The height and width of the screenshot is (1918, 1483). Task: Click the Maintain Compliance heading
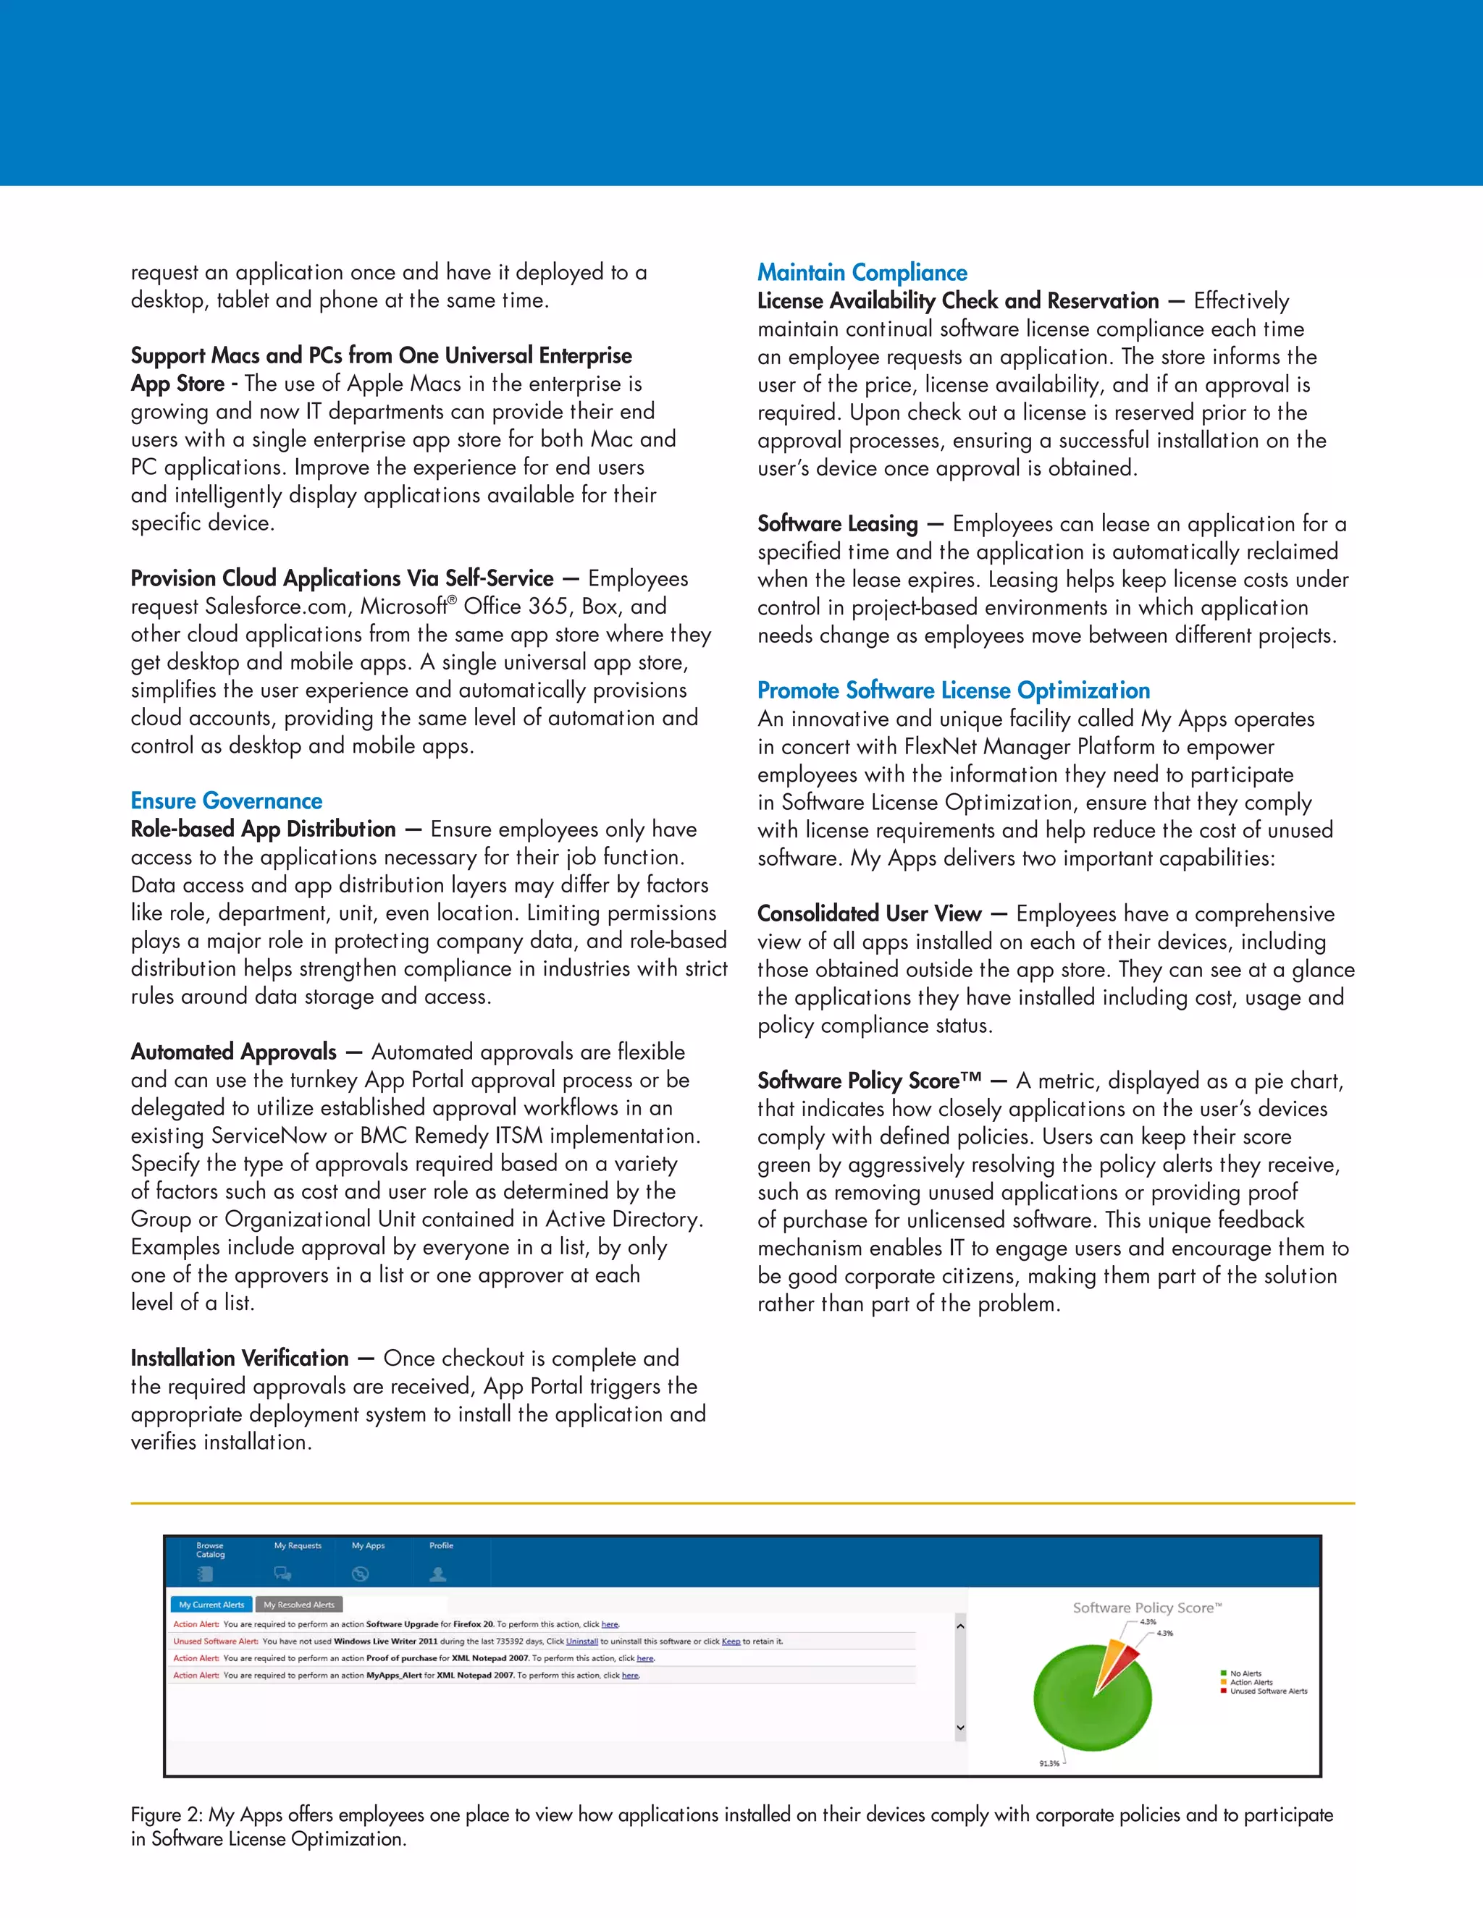click(x=862, y=272)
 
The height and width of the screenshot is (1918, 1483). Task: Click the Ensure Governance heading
click(x=226, y=801)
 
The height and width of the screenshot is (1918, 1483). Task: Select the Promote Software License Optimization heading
click(x=953, y=690)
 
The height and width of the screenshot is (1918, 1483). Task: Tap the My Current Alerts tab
click(x=211, y=1605)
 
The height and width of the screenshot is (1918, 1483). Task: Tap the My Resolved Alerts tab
click(x=299, y=1605)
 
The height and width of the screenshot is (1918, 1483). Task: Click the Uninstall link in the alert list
click(x=581, y=1642)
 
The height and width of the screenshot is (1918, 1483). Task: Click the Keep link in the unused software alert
click(x=731, y=1642)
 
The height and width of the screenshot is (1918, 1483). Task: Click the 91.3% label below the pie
click(x=1049, y=1763)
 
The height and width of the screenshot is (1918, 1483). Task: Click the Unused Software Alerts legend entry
click(x=1268, y=1691)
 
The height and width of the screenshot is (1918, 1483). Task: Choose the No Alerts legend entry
click(x=1245, y=1673)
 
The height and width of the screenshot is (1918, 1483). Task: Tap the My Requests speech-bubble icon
click(x=282, y=1573)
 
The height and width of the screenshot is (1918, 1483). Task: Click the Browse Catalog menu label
click(x=210, y=1550)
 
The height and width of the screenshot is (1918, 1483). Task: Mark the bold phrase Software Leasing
click(x=837, y=524)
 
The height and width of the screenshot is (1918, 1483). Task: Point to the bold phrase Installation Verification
click(x=239, y=1359)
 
